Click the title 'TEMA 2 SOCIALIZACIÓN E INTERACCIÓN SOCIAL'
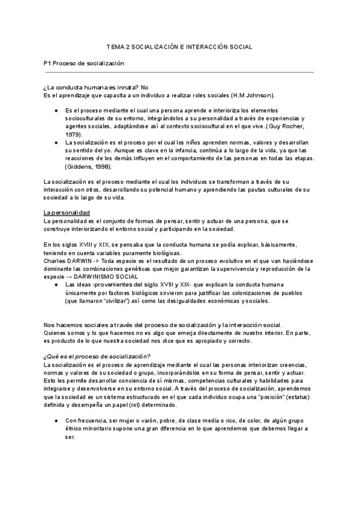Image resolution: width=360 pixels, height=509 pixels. click(x=179, y=46)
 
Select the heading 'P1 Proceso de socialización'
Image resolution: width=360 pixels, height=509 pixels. click(x=83, y=63)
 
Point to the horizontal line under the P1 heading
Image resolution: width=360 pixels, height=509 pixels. click(x=179, y=72)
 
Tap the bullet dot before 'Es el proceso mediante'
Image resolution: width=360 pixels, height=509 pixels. click(x=55, y=111)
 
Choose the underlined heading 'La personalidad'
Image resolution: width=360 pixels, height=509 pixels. click(x=67, y=213)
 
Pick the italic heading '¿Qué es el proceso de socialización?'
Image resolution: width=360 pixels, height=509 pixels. click(x=97, y=356)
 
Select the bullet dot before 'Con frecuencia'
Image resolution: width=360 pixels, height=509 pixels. click(x=55, y=420)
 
